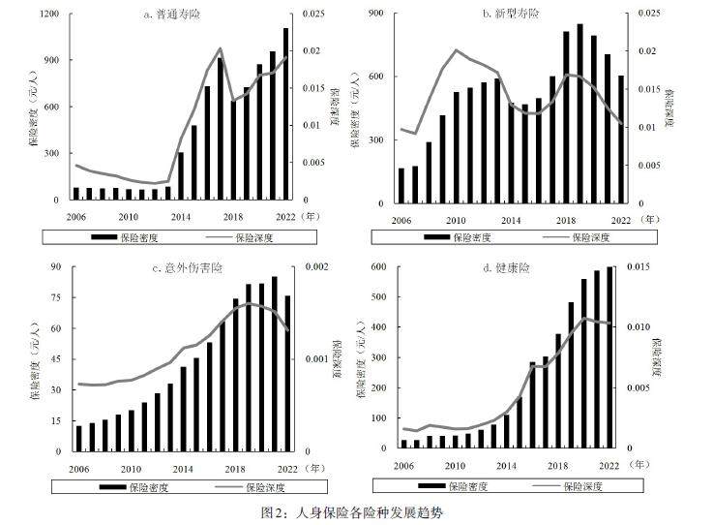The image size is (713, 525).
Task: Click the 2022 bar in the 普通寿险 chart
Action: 286,114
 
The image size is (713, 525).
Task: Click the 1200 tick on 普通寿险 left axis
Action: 50,15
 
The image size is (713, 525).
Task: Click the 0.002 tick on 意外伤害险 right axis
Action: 319,268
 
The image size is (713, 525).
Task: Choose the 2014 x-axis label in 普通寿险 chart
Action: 181,214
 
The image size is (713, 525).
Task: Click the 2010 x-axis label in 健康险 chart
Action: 452,465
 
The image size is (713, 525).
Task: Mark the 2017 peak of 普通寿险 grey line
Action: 220,48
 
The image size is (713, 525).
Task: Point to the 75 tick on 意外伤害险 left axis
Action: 55,298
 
